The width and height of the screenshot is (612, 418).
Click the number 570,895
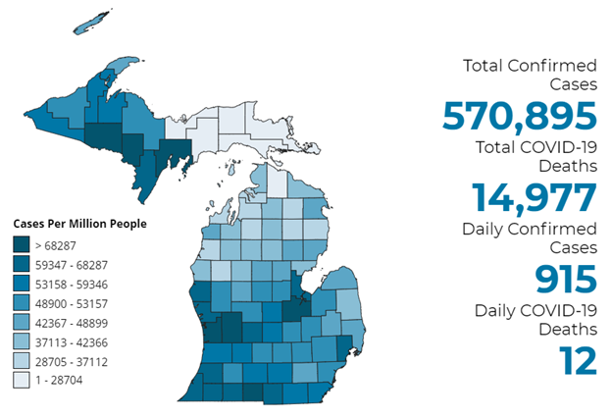tap(520, 116)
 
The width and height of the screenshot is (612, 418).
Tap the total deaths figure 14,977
tap(535, 197)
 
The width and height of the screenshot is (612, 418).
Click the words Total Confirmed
tap(530, 66)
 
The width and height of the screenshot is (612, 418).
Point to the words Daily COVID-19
tap(535, 311)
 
